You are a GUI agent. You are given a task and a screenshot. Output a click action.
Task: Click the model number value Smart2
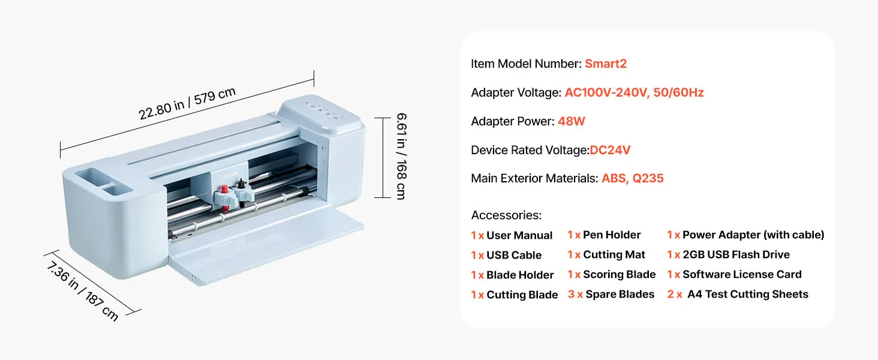point(606,64)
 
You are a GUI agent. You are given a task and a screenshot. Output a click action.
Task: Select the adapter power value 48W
point(571,121)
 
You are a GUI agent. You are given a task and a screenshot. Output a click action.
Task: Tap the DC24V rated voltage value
point(610,150)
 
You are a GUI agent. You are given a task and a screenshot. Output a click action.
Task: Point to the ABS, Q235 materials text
point(633,178)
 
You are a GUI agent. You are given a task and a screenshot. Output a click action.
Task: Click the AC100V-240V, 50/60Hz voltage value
point(634,92)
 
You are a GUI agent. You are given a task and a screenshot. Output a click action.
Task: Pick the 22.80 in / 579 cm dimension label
point(187,103)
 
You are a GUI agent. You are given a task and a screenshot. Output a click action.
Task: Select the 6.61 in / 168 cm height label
point(401,157)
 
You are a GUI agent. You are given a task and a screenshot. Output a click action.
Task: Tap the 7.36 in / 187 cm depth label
point(82,292)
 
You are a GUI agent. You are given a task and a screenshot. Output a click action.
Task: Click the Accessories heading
point(506,215)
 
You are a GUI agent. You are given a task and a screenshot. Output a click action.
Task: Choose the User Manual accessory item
point(519,235)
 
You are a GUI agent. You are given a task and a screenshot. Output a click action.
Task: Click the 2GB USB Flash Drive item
point(736,254)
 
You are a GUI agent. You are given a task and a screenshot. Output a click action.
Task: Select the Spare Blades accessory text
point(620,294)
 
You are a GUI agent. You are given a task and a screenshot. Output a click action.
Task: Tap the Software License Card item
point(742,275)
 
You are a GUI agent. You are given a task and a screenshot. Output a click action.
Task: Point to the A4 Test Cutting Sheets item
point(747,294)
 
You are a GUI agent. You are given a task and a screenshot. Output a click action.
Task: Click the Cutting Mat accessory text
point(614,254)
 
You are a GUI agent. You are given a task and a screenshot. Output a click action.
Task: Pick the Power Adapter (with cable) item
point(753,235)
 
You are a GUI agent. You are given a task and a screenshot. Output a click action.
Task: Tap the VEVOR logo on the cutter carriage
point(230,176)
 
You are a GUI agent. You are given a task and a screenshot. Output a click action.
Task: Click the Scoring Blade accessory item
point(619,275)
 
